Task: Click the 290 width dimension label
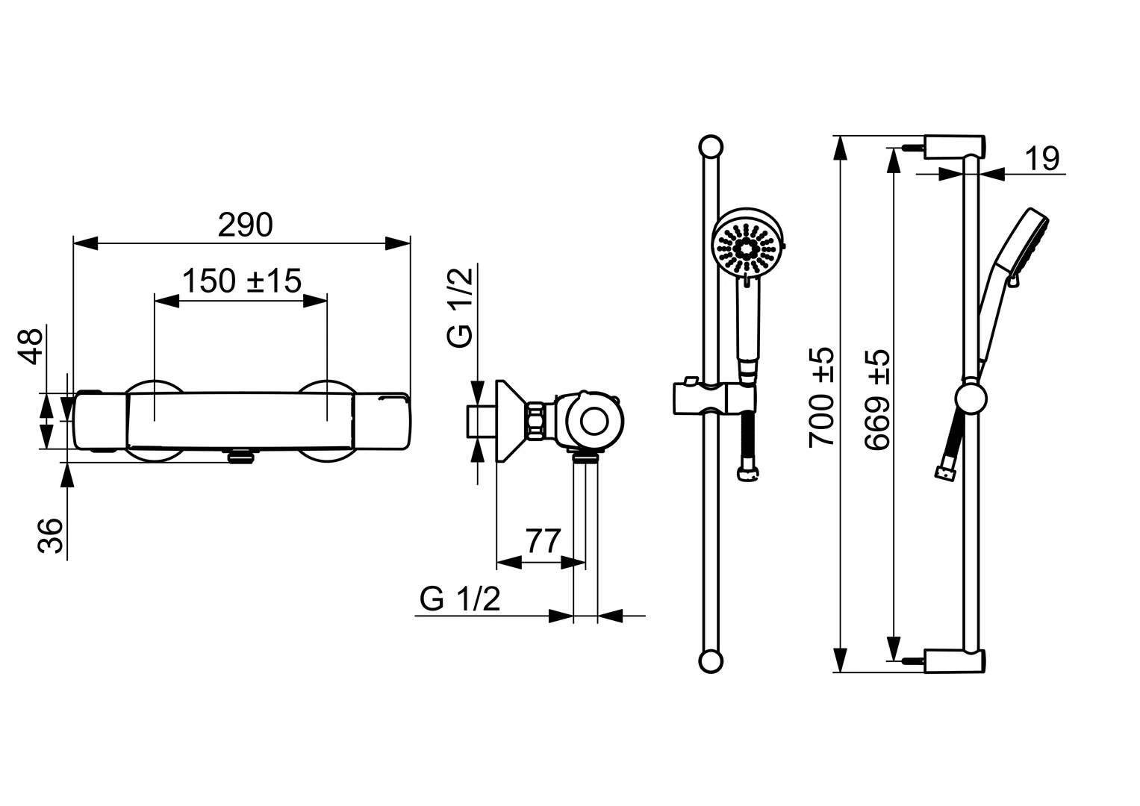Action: pyautogui.click(x=245, y=225)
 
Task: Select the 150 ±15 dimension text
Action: pyautogui.click(x=241, y=281)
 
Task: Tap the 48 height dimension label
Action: pyautogui.click(x=31, y=345)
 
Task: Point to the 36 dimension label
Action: pyautogui.click(x=51, y=535)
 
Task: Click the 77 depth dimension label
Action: pyautogui.click(x=543, y=541)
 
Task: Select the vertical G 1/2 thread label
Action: pyautogui.click(x=461, y=307)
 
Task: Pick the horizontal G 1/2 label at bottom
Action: pyautogui.click(x=460, y=599)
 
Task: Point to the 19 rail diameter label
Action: pyautogui.click(x=1041, y=159)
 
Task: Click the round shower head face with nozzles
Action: pyautogui.click(x=747, y=246)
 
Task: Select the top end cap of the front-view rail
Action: pyautogui.click(x=710, y=146)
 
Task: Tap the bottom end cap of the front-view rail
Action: pyautogui.click(x=710, y=661)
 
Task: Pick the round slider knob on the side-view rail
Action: pyautogui.click(x=971, y=399)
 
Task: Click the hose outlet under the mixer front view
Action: pyautogui.click(x=240, y=456)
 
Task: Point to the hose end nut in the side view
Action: pyautogui.click(x=945, y=472)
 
